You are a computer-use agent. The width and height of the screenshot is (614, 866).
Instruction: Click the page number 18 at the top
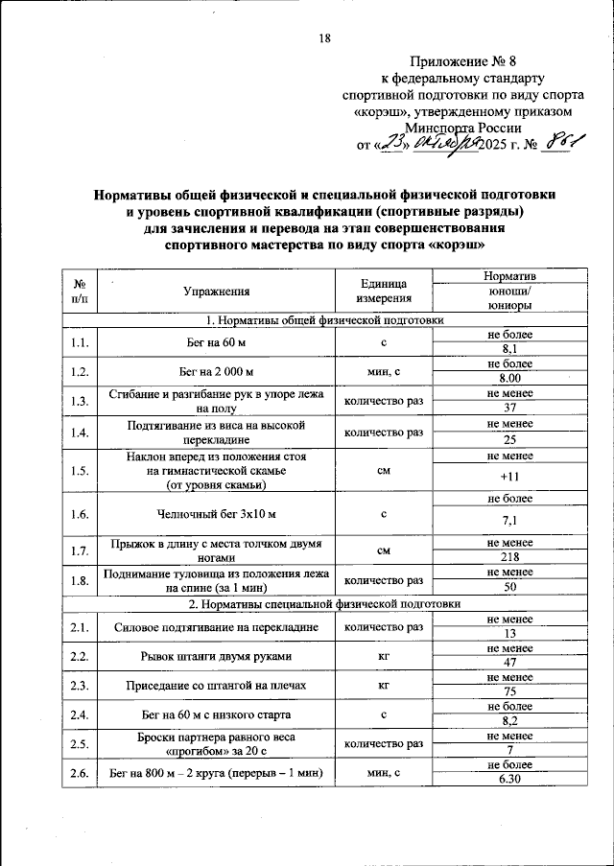pos(324,37)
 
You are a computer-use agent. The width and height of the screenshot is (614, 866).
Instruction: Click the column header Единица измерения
pos(383,291)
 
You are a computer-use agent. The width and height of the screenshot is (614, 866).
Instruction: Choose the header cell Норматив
pos(510,275)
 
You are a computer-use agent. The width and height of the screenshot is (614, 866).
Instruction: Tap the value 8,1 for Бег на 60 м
pos(510,350)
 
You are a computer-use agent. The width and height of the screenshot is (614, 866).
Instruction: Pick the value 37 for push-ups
pos(510,409)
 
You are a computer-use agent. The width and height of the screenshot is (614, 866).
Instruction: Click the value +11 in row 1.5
pos(510,476)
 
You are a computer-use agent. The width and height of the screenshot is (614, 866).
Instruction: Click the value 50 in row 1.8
pos(510,586)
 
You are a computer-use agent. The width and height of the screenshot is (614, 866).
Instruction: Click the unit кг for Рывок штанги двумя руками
pos(383,657)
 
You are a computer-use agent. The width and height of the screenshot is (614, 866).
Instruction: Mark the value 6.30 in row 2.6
pos(510,780)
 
